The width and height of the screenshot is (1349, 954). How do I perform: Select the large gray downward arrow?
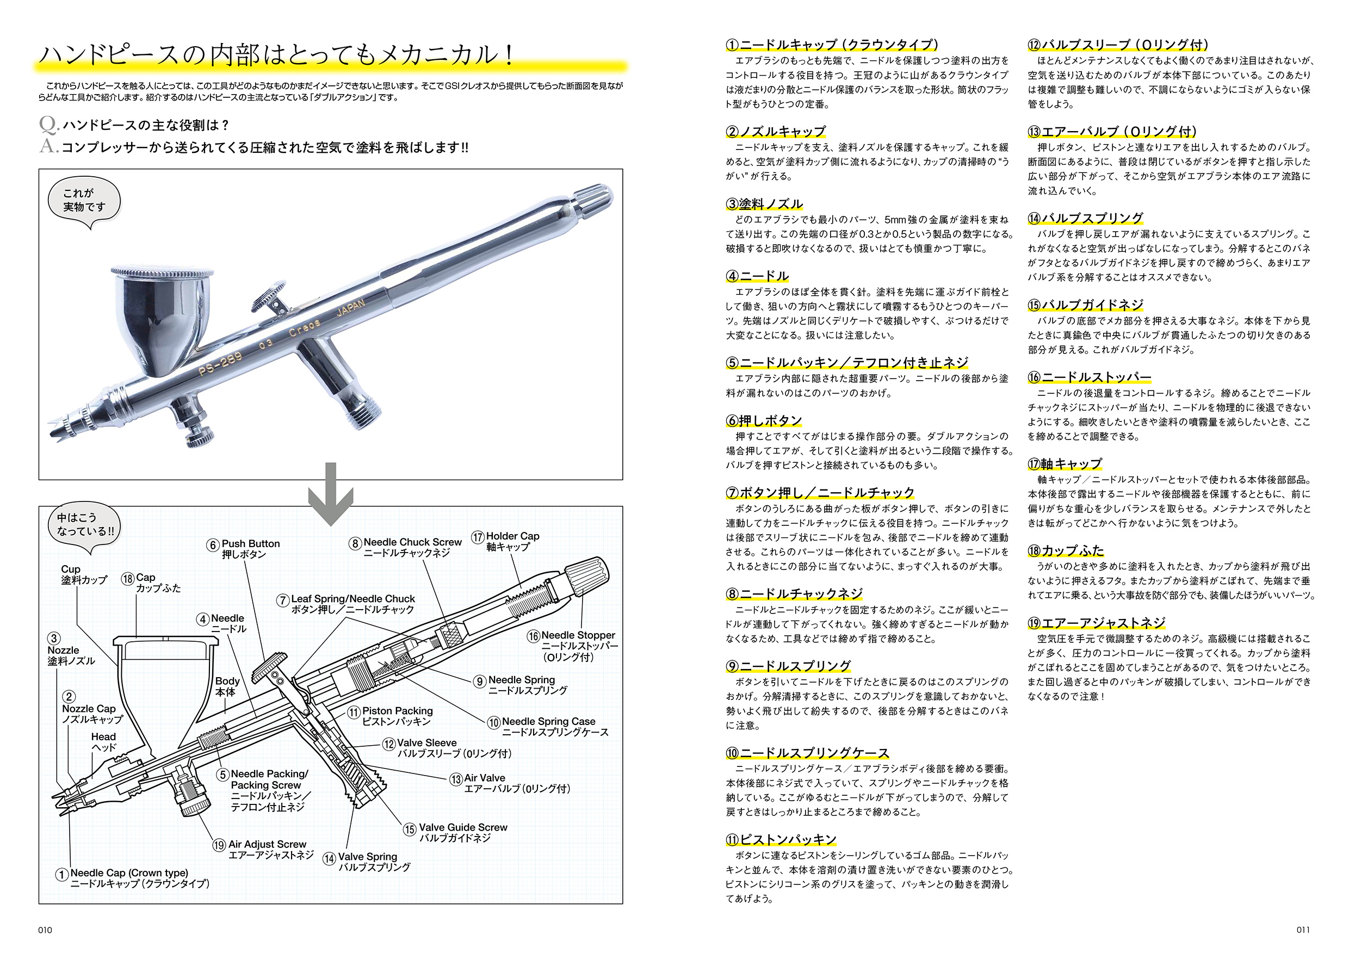click(331, 493)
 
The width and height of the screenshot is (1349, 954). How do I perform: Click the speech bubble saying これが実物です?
click(84, 200)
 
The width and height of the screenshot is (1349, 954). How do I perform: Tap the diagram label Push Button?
click(250, 544)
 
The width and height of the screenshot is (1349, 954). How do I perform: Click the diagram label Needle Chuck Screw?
click(412, 542)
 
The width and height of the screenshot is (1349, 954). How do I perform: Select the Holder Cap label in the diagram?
click(512, 536)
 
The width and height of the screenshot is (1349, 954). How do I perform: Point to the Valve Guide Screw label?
click(463, 827)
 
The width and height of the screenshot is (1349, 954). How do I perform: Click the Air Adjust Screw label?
click(267, 844)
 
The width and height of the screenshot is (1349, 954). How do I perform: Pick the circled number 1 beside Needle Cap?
click(61, 875)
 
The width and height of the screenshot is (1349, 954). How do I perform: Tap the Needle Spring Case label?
click(548, 721)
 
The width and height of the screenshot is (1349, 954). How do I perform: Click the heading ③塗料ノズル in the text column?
click(764, 204)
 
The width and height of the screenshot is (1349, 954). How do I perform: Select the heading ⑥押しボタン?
click(764, 420)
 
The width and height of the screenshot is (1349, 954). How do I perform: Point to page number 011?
click(1303, 930)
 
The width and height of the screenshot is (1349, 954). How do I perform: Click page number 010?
click(45, 930)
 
